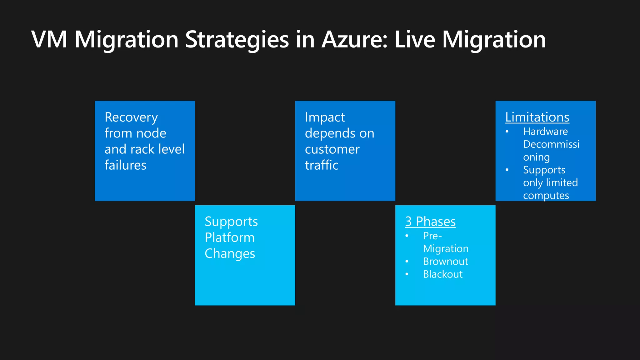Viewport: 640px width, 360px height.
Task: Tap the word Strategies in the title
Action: click(237, 40)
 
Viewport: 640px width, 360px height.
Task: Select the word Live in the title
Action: click(415, 40)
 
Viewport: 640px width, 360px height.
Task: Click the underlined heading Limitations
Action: click(537, 117)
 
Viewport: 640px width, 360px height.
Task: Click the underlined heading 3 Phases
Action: click(430, 222)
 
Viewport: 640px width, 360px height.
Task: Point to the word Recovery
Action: click(131, 117)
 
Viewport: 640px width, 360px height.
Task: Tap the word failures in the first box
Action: click(125, 165)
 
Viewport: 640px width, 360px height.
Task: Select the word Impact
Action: click(325, 117)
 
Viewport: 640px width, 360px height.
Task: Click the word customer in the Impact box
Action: click(332, 149)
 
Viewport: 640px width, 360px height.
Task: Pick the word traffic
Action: click(322, 165)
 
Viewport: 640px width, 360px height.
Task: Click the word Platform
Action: click(230, 238)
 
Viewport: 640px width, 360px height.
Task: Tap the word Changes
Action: click(230, 254)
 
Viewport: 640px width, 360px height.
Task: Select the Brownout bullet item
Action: click(445, 262)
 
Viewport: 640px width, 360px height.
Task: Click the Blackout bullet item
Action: click(442, 274)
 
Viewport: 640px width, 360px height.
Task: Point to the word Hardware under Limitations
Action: click(545, 132)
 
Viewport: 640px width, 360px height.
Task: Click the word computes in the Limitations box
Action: click(546, 196)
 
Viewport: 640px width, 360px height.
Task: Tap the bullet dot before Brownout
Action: click(407, 261)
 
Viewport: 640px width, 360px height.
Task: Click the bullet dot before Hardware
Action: click(507, 132)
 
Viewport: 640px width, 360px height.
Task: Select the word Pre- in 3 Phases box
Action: click(432, 236)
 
